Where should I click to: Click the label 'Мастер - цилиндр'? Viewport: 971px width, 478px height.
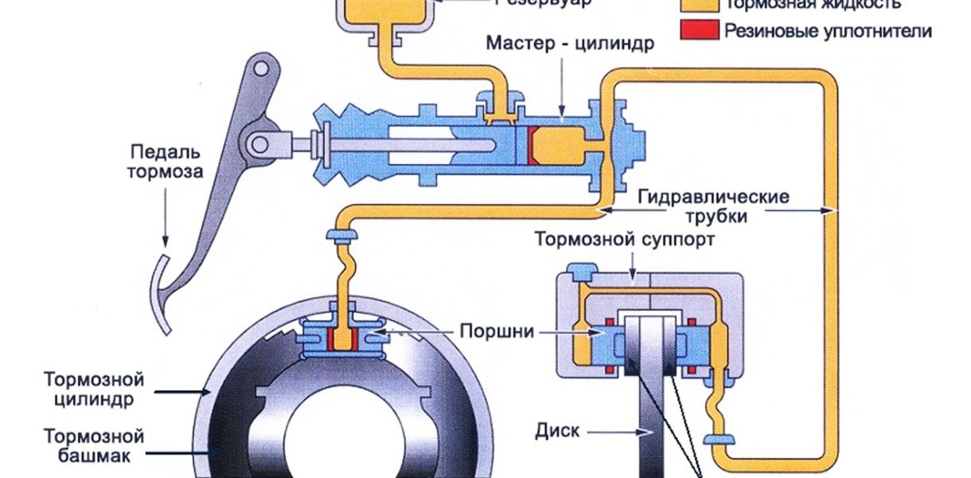[x=571, y=42]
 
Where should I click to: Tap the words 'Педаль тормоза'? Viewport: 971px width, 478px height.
[x=168, y=161]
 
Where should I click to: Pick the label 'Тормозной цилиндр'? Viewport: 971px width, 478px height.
[x=95, y=388]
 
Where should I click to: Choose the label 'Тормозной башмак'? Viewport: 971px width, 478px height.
[x=95, y=447]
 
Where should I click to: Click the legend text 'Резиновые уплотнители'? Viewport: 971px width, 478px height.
[x=828, y=31]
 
